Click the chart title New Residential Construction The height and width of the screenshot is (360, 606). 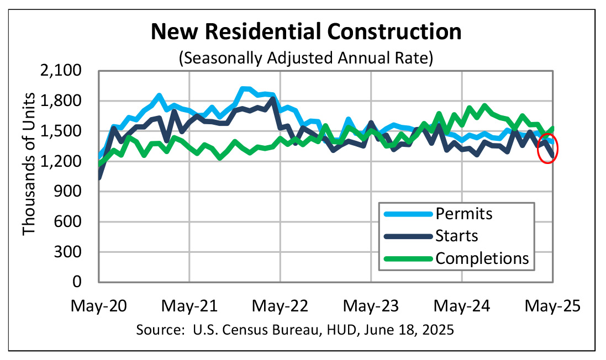coord(306,31)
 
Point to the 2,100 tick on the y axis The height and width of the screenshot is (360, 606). coord(68,71)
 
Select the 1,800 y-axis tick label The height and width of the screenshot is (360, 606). coord(68,102)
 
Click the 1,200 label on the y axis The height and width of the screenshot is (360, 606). coord(68,162)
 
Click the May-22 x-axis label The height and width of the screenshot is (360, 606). coord(280,306)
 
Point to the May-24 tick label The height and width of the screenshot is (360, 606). coord(462,306)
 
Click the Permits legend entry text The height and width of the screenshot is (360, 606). coord(463,213)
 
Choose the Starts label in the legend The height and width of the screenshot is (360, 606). coord(456,236)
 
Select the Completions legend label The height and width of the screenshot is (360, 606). coord(482,258)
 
